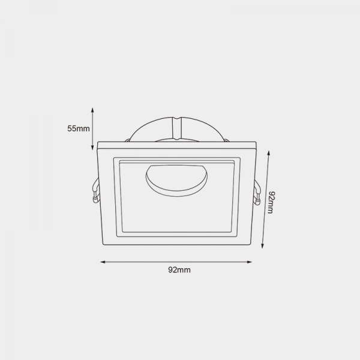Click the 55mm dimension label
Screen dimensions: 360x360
pyautogui.click(x=79, y=128)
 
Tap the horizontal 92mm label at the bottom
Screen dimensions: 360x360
pyautogui.click(x=179, y=270)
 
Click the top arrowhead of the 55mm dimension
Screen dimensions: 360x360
pyautogui.click(x=92, y=110)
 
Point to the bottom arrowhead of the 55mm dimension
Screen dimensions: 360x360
pyautogui.click(x=92, y=148)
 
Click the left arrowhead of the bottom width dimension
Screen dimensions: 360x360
pyautogui.click(x=103, y=262)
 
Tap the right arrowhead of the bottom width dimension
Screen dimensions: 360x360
pyautogui.click(x=250, y=262)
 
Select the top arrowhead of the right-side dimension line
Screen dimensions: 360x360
pyautogui.click(x=268, y=153)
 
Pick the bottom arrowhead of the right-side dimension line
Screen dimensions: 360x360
pyautogui.click(x=262, y=246)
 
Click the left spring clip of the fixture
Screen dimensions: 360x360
pyautogui.click(x=96, y=191)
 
